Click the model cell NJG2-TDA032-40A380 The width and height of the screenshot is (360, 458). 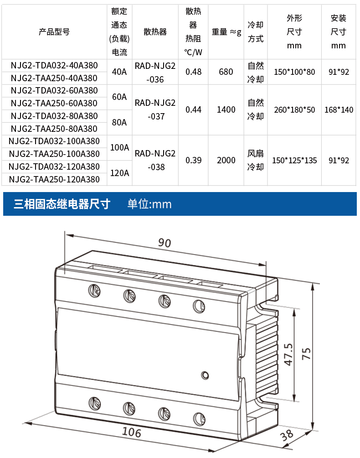click(54, 65)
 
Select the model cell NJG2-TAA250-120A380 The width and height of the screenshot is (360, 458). click(54, 179)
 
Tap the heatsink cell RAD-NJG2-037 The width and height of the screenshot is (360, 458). click(155, 110)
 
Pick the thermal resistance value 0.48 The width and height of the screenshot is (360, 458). click(194, 72)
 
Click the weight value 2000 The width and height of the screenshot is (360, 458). click(226, 161)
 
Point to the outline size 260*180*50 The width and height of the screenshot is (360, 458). click(294, 110)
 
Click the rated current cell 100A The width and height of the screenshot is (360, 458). click(119, 148)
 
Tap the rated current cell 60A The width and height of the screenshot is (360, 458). click(119, 97)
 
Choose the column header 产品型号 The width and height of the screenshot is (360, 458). click(54, 32)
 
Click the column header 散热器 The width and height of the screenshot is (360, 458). click(155, 32)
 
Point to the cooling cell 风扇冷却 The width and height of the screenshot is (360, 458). click(255, 161)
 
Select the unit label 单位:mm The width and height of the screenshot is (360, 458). click(149, 204)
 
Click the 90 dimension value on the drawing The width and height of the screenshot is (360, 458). click(165, 243)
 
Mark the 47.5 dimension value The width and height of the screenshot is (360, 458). click(288, 354)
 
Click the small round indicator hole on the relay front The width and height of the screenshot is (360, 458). click(205, 375)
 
